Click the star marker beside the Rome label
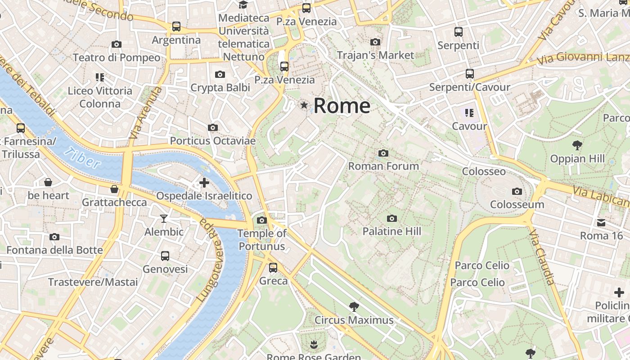tap(305, 105)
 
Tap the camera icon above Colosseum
tap(517, 192)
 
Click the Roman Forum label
tap(383, 166)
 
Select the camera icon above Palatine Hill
tap(392, 219)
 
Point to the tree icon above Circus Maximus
tap(354, 307)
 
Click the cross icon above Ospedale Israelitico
tap(204, 183)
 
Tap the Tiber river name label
tap(82, 158)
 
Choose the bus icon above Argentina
tap(176, 27)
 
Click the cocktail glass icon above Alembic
tap(164, 219)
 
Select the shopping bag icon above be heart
tap(48, 182)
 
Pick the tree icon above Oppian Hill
tap(577, 145)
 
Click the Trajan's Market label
tap(375, 55)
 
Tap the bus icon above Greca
tap(273, 268)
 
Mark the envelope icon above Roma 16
tap(601, 223)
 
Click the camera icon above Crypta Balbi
tap(220, 75)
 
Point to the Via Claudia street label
tap(541, 258)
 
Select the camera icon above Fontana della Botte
tap(54, 237)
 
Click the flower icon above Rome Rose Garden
tap(314, 345)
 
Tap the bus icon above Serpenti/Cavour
tap(470, 74)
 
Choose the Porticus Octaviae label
tap(212, 141)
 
